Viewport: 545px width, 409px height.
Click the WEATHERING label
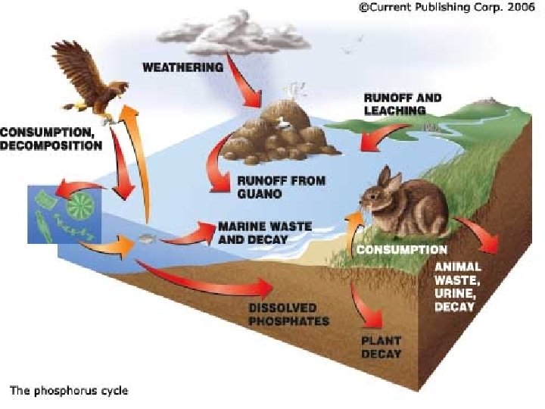point(182,67)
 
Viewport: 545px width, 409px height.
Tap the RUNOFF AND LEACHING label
point(402,104)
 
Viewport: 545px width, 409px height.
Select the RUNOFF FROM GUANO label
point(270,187)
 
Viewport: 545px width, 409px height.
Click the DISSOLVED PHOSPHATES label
point(289,314)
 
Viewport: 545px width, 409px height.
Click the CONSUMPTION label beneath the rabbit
point(402,248)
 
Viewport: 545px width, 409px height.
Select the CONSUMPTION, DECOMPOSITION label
point(51,139)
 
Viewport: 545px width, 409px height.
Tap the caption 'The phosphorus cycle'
point(69,391)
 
